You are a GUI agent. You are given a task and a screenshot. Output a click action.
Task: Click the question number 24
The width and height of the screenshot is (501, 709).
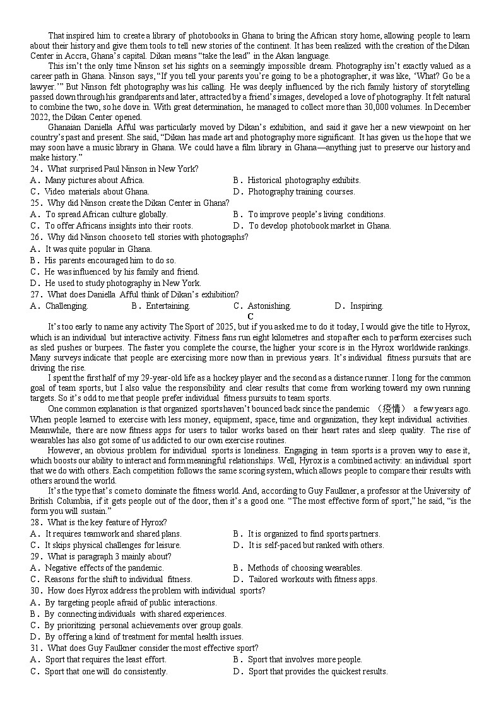pos(35,169)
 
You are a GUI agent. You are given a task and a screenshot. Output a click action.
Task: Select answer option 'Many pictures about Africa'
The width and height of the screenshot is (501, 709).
pos(95,180)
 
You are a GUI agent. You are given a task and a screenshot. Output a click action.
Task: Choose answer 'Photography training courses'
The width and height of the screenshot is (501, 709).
pos(301,191)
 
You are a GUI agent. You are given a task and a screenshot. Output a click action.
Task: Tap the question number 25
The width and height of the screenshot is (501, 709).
pos(35,203)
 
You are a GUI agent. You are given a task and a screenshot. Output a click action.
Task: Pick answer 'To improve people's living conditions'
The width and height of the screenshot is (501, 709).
pos(316,214)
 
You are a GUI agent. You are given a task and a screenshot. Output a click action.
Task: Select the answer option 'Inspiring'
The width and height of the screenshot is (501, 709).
pos(367,306)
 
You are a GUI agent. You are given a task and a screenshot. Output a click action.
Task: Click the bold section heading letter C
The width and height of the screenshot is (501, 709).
pos(250,316)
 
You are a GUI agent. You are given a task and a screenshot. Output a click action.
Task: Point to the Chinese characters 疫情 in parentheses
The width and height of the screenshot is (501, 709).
pos(392,408)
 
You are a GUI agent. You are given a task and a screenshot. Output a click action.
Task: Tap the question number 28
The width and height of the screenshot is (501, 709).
pos(35,522)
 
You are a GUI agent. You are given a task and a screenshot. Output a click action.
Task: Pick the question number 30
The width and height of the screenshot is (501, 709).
pos(35,590)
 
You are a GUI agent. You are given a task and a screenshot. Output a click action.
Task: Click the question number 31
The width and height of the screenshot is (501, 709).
pos(35,648)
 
